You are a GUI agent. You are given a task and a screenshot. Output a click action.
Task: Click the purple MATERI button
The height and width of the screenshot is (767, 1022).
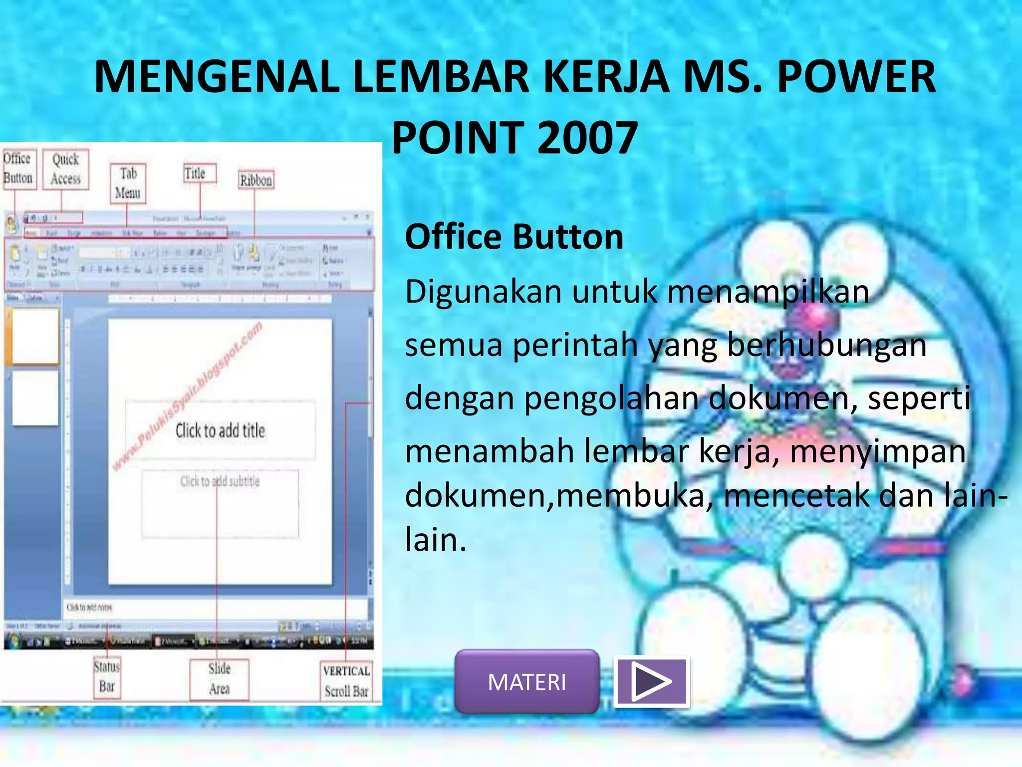tap(527, 682)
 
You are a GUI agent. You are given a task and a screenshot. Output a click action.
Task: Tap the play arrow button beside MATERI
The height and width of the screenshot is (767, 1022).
tap(651, 682)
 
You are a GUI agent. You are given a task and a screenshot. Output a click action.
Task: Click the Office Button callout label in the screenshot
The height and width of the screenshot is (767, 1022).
tap(18, 169)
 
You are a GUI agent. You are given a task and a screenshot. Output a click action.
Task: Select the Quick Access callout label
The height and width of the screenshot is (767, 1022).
tap(65, 169)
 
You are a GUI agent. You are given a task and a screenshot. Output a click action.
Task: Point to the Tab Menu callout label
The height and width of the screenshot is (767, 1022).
tap(128, 183)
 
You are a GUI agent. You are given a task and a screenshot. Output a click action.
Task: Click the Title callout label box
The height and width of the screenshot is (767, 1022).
tap(199, 173)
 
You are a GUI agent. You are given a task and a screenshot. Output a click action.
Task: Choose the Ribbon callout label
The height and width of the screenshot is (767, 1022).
tap(256, 180)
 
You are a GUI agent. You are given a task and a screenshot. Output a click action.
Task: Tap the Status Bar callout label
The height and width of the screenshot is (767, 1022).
tap(107, 677)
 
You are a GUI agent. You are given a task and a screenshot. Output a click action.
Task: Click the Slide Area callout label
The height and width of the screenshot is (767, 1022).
tap(219, 679)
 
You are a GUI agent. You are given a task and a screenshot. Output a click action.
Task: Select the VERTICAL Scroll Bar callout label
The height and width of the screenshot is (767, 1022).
tap(346, 681)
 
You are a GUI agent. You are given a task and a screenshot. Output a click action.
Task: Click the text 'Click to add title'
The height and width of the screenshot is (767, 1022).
tap(220, 430)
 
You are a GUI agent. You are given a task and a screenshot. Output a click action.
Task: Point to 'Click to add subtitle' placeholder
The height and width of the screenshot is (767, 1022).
tap(220, 481)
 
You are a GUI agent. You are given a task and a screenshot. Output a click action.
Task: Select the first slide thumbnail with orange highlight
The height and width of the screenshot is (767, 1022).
tap(35, 336)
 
